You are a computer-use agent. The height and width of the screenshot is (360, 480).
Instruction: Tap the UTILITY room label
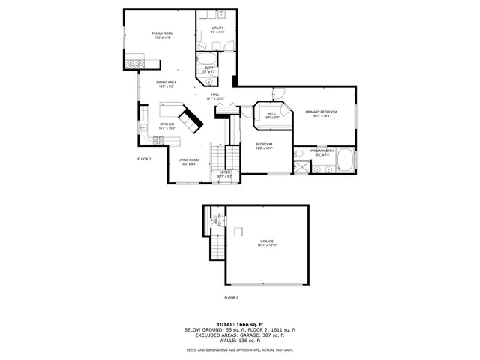217,30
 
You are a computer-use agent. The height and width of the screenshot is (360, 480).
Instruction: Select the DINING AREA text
166,83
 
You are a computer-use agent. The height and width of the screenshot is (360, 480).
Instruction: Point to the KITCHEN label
166,125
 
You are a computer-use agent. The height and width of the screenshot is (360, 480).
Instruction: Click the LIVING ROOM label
188,160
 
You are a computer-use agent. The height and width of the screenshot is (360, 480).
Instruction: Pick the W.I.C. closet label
271,115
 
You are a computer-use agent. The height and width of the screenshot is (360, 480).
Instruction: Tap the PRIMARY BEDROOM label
320,113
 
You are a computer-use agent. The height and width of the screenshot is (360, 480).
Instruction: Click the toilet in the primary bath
298,155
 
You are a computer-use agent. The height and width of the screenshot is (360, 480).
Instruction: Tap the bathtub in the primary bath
346,160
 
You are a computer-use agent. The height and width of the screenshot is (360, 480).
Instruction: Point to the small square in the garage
238,230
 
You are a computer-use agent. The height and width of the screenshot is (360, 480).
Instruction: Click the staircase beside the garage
216,244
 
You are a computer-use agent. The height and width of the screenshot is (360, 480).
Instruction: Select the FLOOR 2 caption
144,159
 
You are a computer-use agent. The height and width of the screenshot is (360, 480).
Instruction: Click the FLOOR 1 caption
231,298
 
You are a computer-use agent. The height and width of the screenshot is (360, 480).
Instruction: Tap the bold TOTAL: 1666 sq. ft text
240,323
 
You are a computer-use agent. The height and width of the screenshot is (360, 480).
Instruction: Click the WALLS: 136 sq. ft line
240,340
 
